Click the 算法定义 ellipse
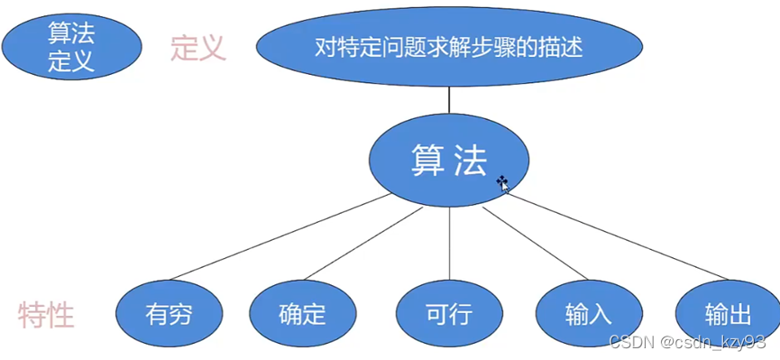point(71,48)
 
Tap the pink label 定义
point(197,47)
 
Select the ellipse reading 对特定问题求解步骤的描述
point(448,47)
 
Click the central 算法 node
point(448,161)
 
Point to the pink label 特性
point(46,315)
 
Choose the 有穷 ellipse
point(170,315)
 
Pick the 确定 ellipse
point(302,315)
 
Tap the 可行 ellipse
point(448,315)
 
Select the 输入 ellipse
point(588,315)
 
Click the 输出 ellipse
point(727,315)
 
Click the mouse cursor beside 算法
point(503,184)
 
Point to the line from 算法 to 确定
point(361,245)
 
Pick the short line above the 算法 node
point(449,99)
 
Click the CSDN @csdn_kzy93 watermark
point(687,343)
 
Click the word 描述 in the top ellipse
point(560,47)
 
